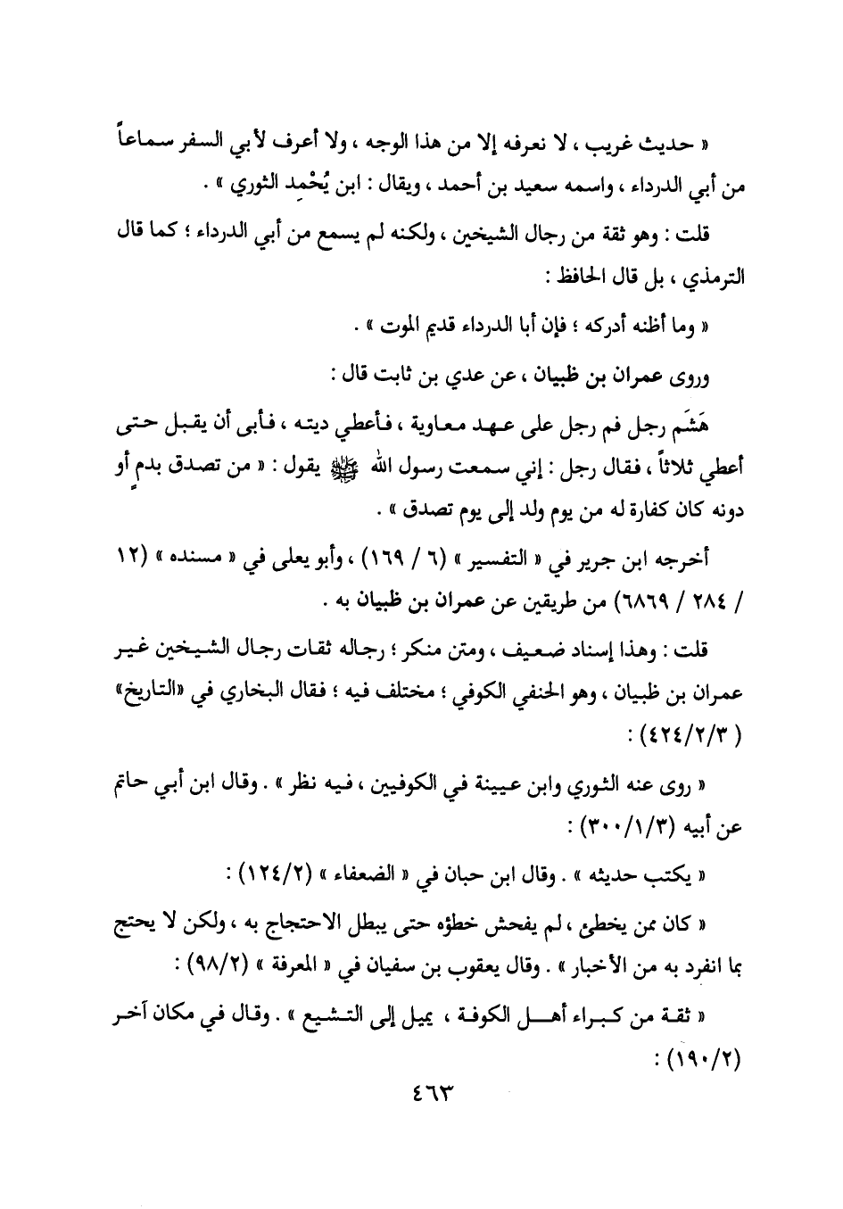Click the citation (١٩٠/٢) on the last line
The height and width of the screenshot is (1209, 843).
tap(702, 1062)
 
